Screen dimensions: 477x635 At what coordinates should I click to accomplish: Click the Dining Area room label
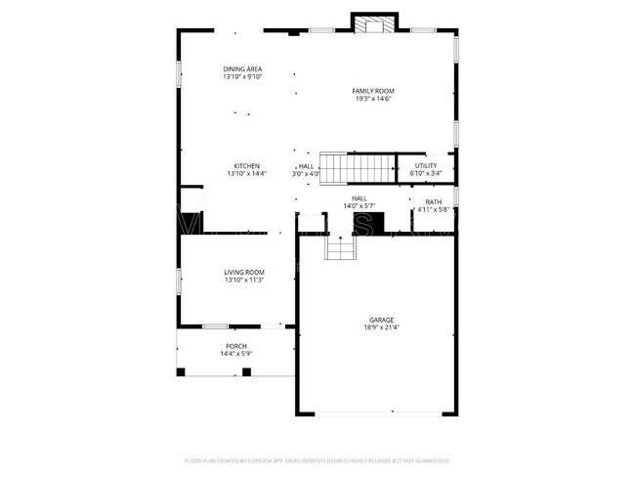click(242, 68)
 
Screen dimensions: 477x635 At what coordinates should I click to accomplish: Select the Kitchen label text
click(246, 165)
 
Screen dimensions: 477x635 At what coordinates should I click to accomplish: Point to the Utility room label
click(426, 165)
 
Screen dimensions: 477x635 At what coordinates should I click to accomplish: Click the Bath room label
click(432, 201)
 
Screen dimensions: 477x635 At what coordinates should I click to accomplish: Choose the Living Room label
click(244, 272)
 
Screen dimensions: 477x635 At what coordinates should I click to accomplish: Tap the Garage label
click(381, 320)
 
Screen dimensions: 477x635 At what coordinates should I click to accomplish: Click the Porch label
click(236, 346)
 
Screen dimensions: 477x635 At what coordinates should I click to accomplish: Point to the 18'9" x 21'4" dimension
click(381, 327)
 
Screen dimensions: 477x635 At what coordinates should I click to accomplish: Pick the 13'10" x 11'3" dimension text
click(244, 280)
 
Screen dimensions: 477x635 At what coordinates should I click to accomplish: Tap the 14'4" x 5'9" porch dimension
click(236, 354)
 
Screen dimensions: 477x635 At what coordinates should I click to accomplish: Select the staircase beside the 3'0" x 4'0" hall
click(358, 168)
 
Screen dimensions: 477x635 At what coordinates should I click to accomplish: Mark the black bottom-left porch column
click(181, 371)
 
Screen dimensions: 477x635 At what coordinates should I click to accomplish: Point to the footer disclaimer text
click(317, 458)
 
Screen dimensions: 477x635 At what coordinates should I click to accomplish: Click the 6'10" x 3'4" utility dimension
click(426, 173)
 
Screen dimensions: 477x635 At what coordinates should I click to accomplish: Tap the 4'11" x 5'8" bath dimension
click(432, 209)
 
